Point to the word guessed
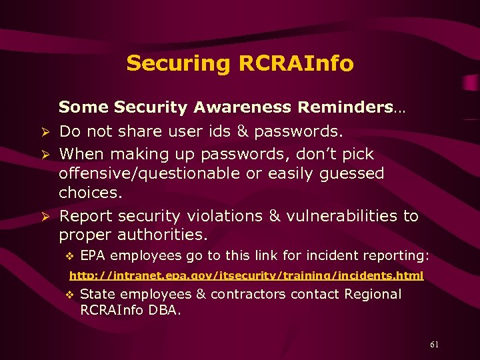click(351, 173)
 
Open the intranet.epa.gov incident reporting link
click(246, 275)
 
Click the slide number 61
click(435, 345)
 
